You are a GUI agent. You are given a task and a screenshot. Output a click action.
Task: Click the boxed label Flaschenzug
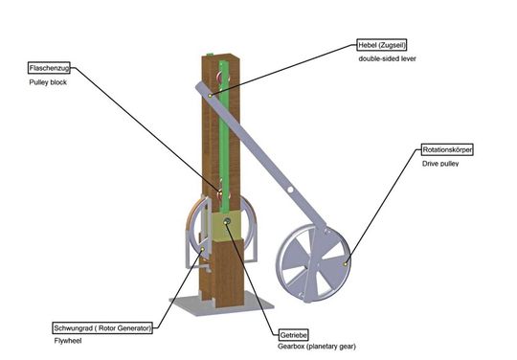coord(52,69)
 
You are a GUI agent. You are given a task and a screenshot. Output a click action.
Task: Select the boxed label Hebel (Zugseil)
coord(381,45)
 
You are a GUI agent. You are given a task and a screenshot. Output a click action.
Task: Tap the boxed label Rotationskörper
coord(447,150)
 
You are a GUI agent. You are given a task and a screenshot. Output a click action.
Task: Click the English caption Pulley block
coord(48,84)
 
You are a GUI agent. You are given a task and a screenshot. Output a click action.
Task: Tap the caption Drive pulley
coord(440,165)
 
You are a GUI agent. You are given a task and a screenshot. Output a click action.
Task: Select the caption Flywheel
coord(69,341)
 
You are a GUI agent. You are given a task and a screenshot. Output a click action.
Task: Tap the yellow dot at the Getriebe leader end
coord(227,222)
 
